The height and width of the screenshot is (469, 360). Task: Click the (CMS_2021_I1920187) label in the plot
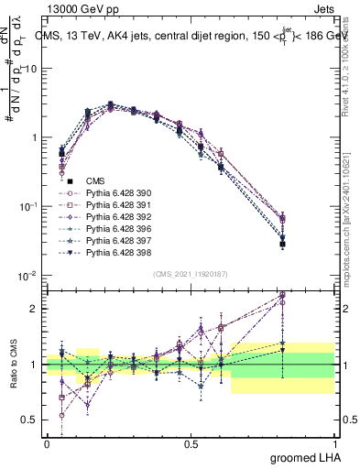pos(190,274)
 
